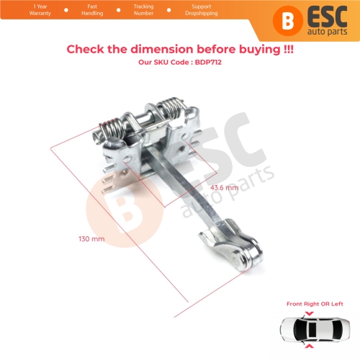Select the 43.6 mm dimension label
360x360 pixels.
223,187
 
